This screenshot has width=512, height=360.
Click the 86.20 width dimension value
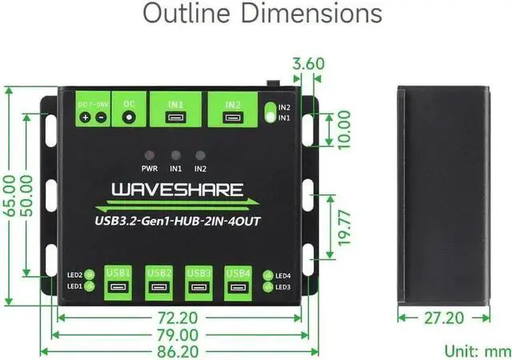tap(178, 350)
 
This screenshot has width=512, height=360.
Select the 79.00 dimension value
tap(178, 334)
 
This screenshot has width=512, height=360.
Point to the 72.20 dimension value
tap(178, 318)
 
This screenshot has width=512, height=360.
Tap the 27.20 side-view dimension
tap(444, 318)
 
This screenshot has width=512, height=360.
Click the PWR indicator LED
tap(149, 155)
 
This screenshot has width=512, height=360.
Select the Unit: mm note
tap(477, 350)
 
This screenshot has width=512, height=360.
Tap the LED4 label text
tap(282, 276)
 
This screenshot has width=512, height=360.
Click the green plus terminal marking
tap(84, 118)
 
